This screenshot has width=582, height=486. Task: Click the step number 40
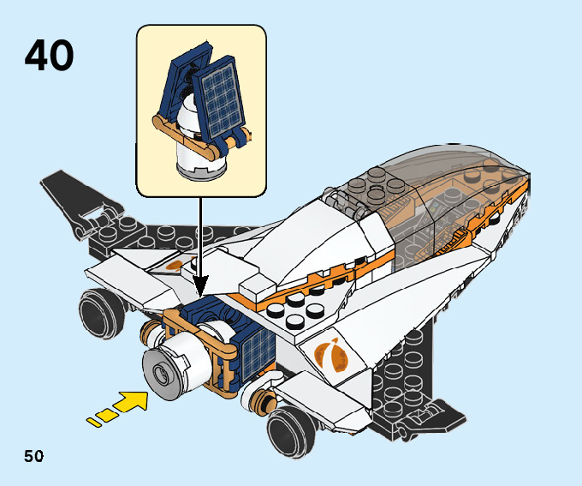click(x=49, y=55)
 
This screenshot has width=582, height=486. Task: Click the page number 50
click(x=33, y=454)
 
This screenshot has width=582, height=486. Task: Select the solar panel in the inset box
click(x=217, y=97)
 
